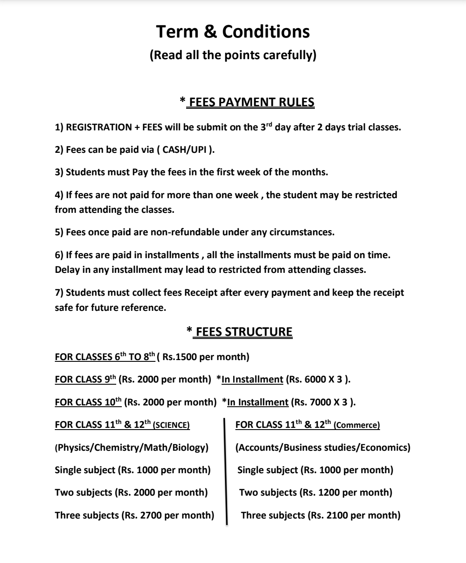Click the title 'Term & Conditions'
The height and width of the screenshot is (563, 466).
tap(233, 32)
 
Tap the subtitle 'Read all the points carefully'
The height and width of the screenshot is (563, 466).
tap(233, 55)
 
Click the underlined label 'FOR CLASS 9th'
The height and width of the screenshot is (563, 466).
tap(86, 380)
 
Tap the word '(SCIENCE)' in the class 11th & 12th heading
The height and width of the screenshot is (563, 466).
tap(171, 425)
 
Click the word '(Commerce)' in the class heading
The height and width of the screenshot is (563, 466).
tap(357, 425)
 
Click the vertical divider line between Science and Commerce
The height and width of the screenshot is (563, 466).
tap(225, 471)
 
